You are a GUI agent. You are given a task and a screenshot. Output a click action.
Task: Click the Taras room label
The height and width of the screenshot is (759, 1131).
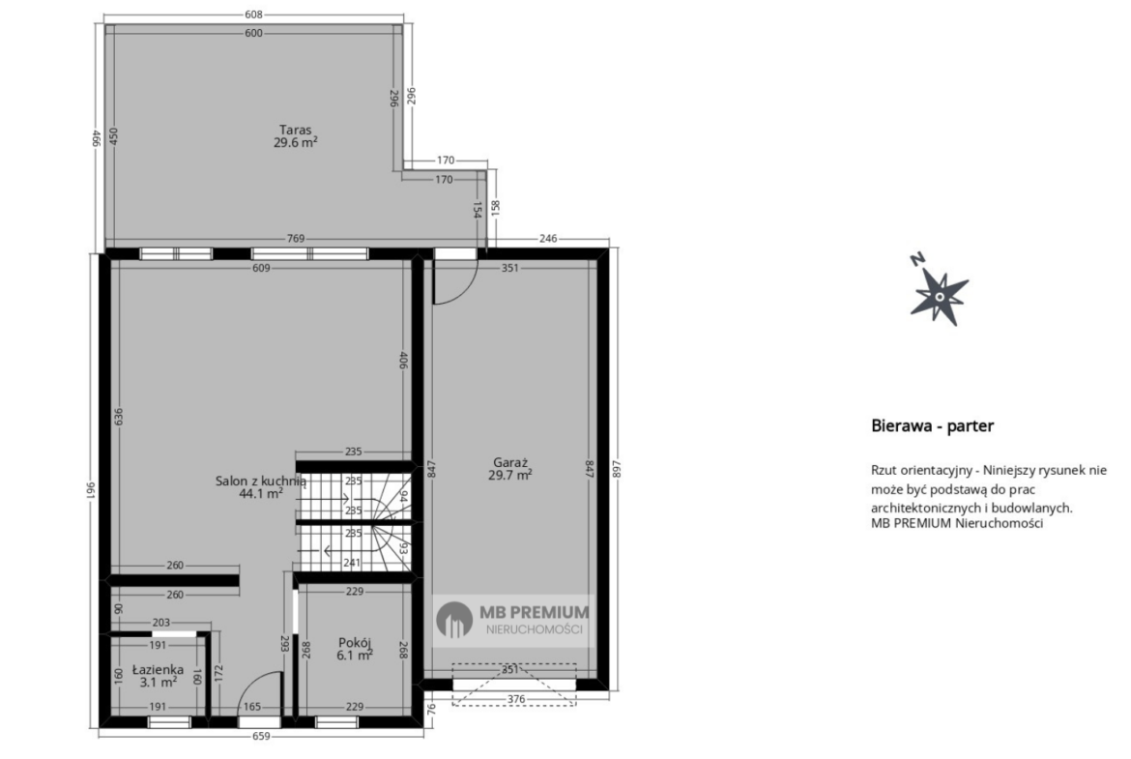tap(296, 130)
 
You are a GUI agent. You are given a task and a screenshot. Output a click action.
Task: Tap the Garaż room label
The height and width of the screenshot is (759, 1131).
tap(510, 462)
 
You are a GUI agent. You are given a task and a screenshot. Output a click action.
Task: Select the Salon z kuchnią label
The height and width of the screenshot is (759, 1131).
tap(261, 482)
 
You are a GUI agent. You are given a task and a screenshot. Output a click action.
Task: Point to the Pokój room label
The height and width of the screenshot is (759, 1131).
tap(355, 643)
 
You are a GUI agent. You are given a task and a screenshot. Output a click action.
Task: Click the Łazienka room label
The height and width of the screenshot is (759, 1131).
tap(158, 669)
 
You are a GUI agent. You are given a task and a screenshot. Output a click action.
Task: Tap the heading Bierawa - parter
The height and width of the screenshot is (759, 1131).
tap(933, 425)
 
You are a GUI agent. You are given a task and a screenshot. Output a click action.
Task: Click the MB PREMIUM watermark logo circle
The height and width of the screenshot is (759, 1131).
tap(454, 620)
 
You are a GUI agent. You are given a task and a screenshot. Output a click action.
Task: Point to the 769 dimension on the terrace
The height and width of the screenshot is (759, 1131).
tap(296, 238)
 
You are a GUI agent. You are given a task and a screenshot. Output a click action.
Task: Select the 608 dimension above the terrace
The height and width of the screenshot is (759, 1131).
tap(253, 14)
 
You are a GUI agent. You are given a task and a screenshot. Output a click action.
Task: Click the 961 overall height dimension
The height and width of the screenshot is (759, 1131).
tap(92, 490)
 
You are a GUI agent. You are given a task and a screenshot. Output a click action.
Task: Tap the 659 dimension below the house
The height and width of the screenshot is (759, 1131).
tap(261, 736)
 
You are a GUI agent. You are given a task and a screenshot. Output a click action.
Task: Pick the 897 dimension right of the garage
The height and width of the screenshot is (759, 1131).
tap(616, 469)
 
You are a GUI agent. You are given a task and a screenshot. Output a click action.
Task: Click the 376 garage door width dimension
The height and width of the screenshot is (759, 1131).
tap(516, 698)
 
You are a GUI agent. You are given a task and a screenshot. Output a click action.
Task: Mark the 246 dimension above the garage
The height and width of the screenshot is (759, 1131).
tap(548, 238)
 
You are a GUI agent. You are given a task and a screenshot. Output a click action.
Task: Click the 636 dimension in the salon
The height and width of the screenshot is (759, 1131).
tap(118, 417)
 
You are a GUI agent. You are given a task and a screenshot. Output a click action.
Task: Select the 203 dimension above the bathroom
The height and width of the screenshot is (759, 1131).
tap(160, 622)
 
